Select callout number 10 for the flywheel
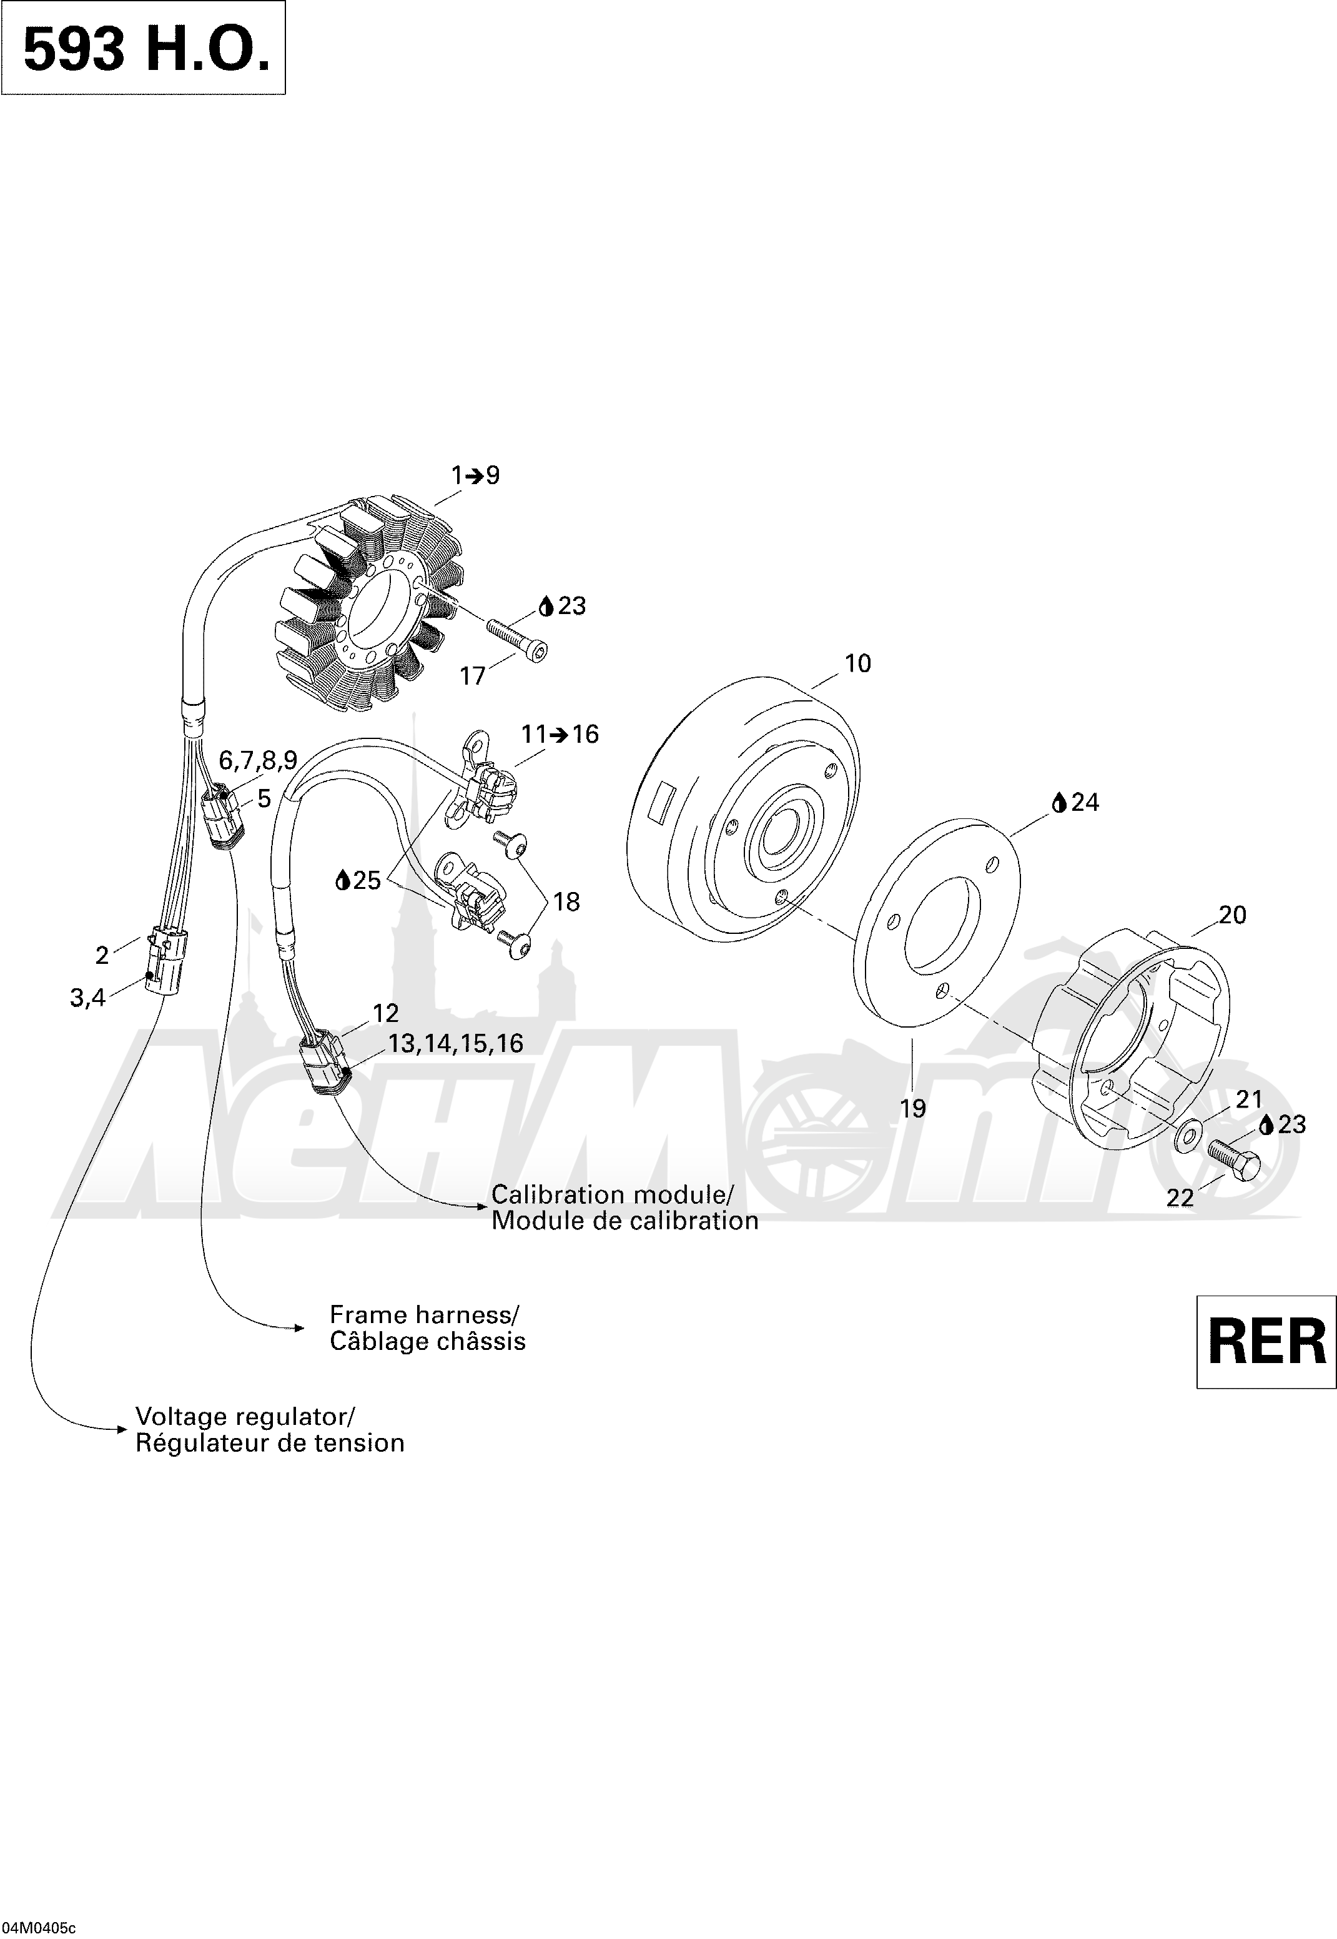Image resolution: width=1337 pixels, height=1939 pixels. pos(857,663)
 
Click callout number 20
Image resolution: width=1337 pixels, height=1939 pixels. pos(1232,915)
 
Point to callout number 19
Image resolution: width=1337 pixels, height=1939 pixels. pos(912,1109)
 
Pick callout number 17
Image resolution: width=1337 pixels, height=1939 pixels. pos(473,677)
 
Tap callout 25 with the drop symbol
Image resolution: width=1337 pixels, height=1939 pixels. pos(358,881)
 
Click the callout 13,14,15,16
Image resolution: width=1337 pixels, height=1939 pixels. pos(456,1043)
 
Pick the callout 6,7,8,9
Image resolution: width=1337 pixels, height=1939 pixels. pos(258,760)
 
